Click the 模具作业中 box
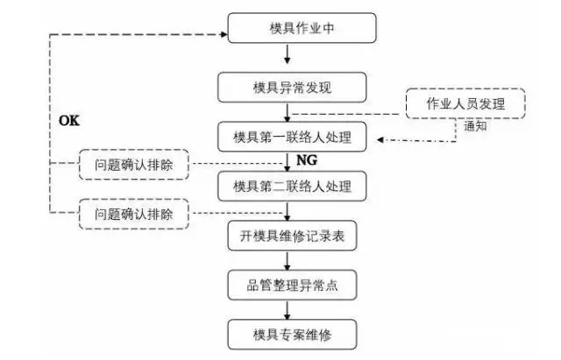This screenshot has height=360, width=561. [302, 28]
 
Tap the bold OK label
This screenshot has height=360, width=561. [68, 119]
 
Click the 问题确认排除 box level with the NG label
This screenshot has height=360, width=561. [133, 164]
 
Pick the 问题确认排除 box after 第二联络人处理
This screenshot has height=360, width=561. [133, 212]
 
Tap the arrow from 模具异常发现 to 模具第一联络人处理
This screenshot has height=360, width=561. [290, 113]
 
